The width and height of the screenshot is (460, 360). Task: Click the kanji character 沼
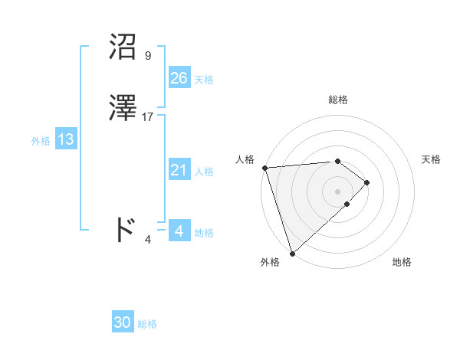[124, 47]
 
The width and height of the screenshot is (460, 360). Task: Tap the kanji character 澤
[124, 109]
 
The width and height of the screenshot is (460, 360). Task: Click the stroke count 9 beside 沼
[147, 56]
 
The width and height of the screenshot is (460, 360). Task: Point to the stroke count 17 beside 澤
[148, 117]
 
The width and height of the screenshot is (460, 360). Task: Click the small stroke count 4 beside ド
[148, 239]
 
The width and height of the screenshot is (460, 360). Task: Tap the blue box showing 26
[179, 78]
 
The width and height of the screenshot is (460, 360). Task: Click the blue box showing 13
[65, 139]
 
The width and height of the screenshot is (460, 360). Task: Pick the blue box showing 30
[123, 322]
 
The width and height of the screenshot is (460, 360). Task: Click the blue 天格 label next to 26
[204, 80]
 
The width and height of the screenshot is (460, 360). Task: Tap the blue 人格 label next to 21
[204, 172]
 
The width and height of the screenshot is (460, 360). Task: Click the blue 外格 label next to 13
[40, 141]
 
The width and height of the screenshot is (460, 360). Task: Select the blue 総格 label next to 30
[147, 324]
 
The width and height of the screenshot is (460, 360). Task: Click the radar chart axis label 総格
[338, 100]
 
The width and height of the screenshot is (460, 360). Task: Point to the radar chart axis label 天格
[431, 159]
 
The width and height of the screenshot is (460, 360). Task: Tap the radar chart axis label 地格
[402, 262]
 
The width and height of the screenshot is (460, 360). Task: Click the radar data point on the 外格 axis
[291, 252]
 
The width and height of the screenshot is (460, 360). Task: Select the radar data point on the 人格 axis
[264, 168]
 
